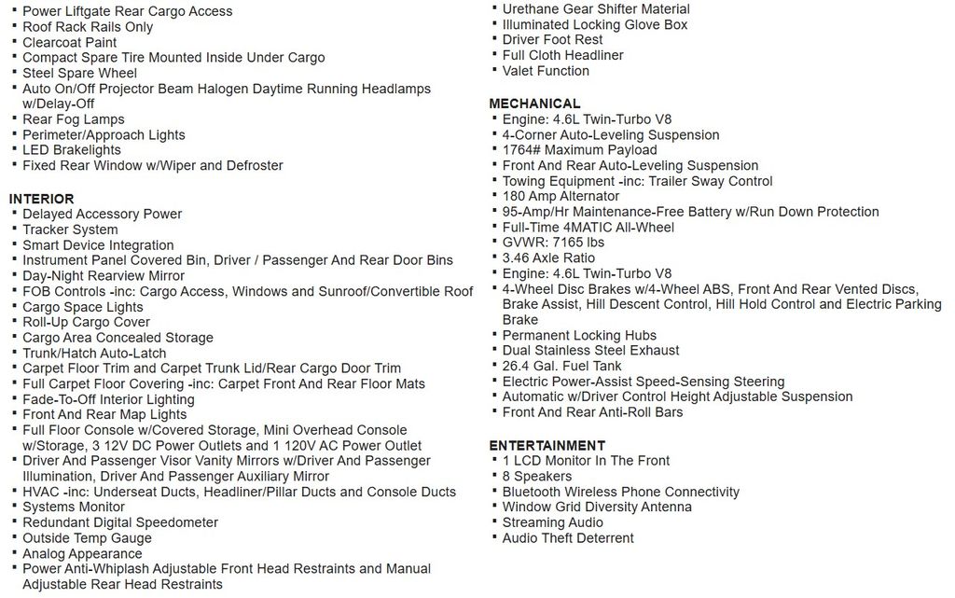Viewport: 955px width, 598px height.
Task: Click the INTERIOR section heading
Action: click(41, 199)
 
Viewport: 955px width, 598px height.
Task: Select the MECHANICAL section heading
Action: click(534, 104)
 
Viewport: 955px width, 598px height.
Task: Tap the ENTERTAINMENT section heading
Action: click(547, 445)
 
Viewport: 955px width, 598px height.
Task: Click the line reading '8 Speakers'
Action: click(536, 476)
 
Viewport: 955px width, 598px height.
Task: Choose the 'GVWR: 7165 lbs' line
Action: click(552, 243)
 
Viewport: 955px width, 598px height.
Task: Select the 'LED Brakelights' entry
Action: click(72, 150)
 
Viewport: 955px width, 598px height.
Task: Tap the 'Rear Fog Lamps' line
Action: click(74, 119)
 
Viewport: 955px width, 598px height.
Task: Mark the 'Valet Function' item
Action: click(546, 71)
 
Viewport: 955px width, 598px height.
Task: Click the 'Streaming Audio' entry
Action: click(552, 522)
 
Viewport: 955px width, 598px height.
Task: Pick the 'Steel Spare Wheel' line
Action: click(79, 73)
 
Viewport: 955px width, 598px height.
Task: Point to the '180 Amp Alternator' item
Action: click(561, 196)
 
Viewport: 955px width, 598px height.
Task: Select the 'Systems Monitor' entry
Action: click(74, 507)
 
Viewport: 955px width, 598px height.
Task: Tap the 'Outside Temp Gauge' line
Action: click(87, 537)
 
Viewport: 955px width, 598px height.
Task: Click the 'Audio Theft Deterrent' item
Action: click(567, 537)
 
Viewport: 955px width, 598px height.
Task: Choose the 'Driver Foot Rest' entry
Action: click(552, 40)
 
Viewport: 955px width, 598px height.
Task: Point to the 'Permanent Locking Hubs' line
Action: click(579, 335)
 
